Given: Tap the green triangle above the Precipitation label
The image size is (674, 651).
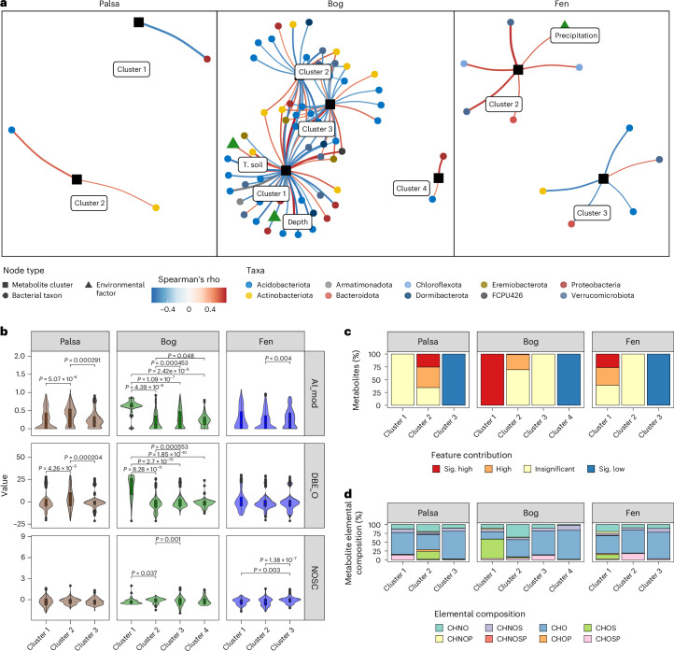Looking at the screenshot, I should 539,21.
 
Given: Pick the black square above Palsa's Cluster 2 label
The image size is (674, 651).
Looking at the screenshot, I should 77,178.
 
